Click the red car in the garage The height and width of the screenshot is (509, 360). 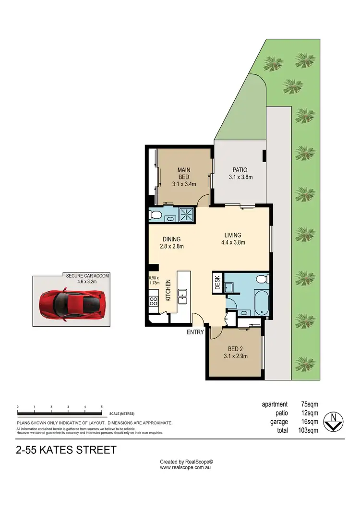[x=72, y=304]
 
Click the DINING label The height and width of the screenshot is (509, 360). [x=171, y=239]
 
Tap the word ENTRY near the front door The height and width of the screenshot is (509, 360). [x=196, y=332]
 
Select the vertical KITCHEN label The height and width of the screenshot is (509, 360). [x=168, y=290]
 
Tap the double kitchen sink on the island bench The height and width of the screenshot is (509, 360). [x=182, y=297]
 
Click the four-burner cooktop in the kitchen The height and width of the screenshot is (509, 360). [x=154, y=301]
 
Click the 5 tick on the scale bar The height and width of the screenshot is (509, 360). [x=102, y=407]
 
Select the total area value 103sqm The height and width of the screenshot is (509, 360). [x=307, y=430]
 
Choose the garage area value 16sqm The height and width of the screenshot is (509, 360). [x=309, y=422]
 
